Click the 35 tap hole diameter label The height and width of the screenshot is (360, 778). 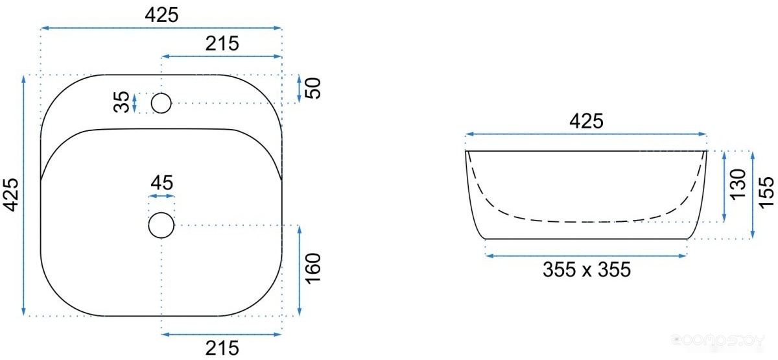[121, 102]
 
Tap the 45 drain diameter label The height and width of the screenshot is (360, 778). [161, 183]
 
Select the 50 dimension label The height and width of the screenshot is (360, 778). [312, 88]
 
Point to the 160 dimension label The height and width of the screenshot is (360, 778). [312, 269]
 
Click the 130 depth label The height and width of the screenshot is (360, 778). [738, 184]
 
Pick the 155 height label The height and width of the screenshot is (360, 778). [766, 193]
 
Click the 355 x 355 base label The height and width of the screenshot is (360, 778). [587, 270]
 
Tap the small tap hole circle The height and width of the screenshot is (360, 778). [161, 103]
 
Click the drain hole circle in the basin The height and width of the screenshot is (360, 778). [161, 225]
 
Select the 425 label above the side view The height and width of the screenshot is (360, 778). [586, 121]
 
